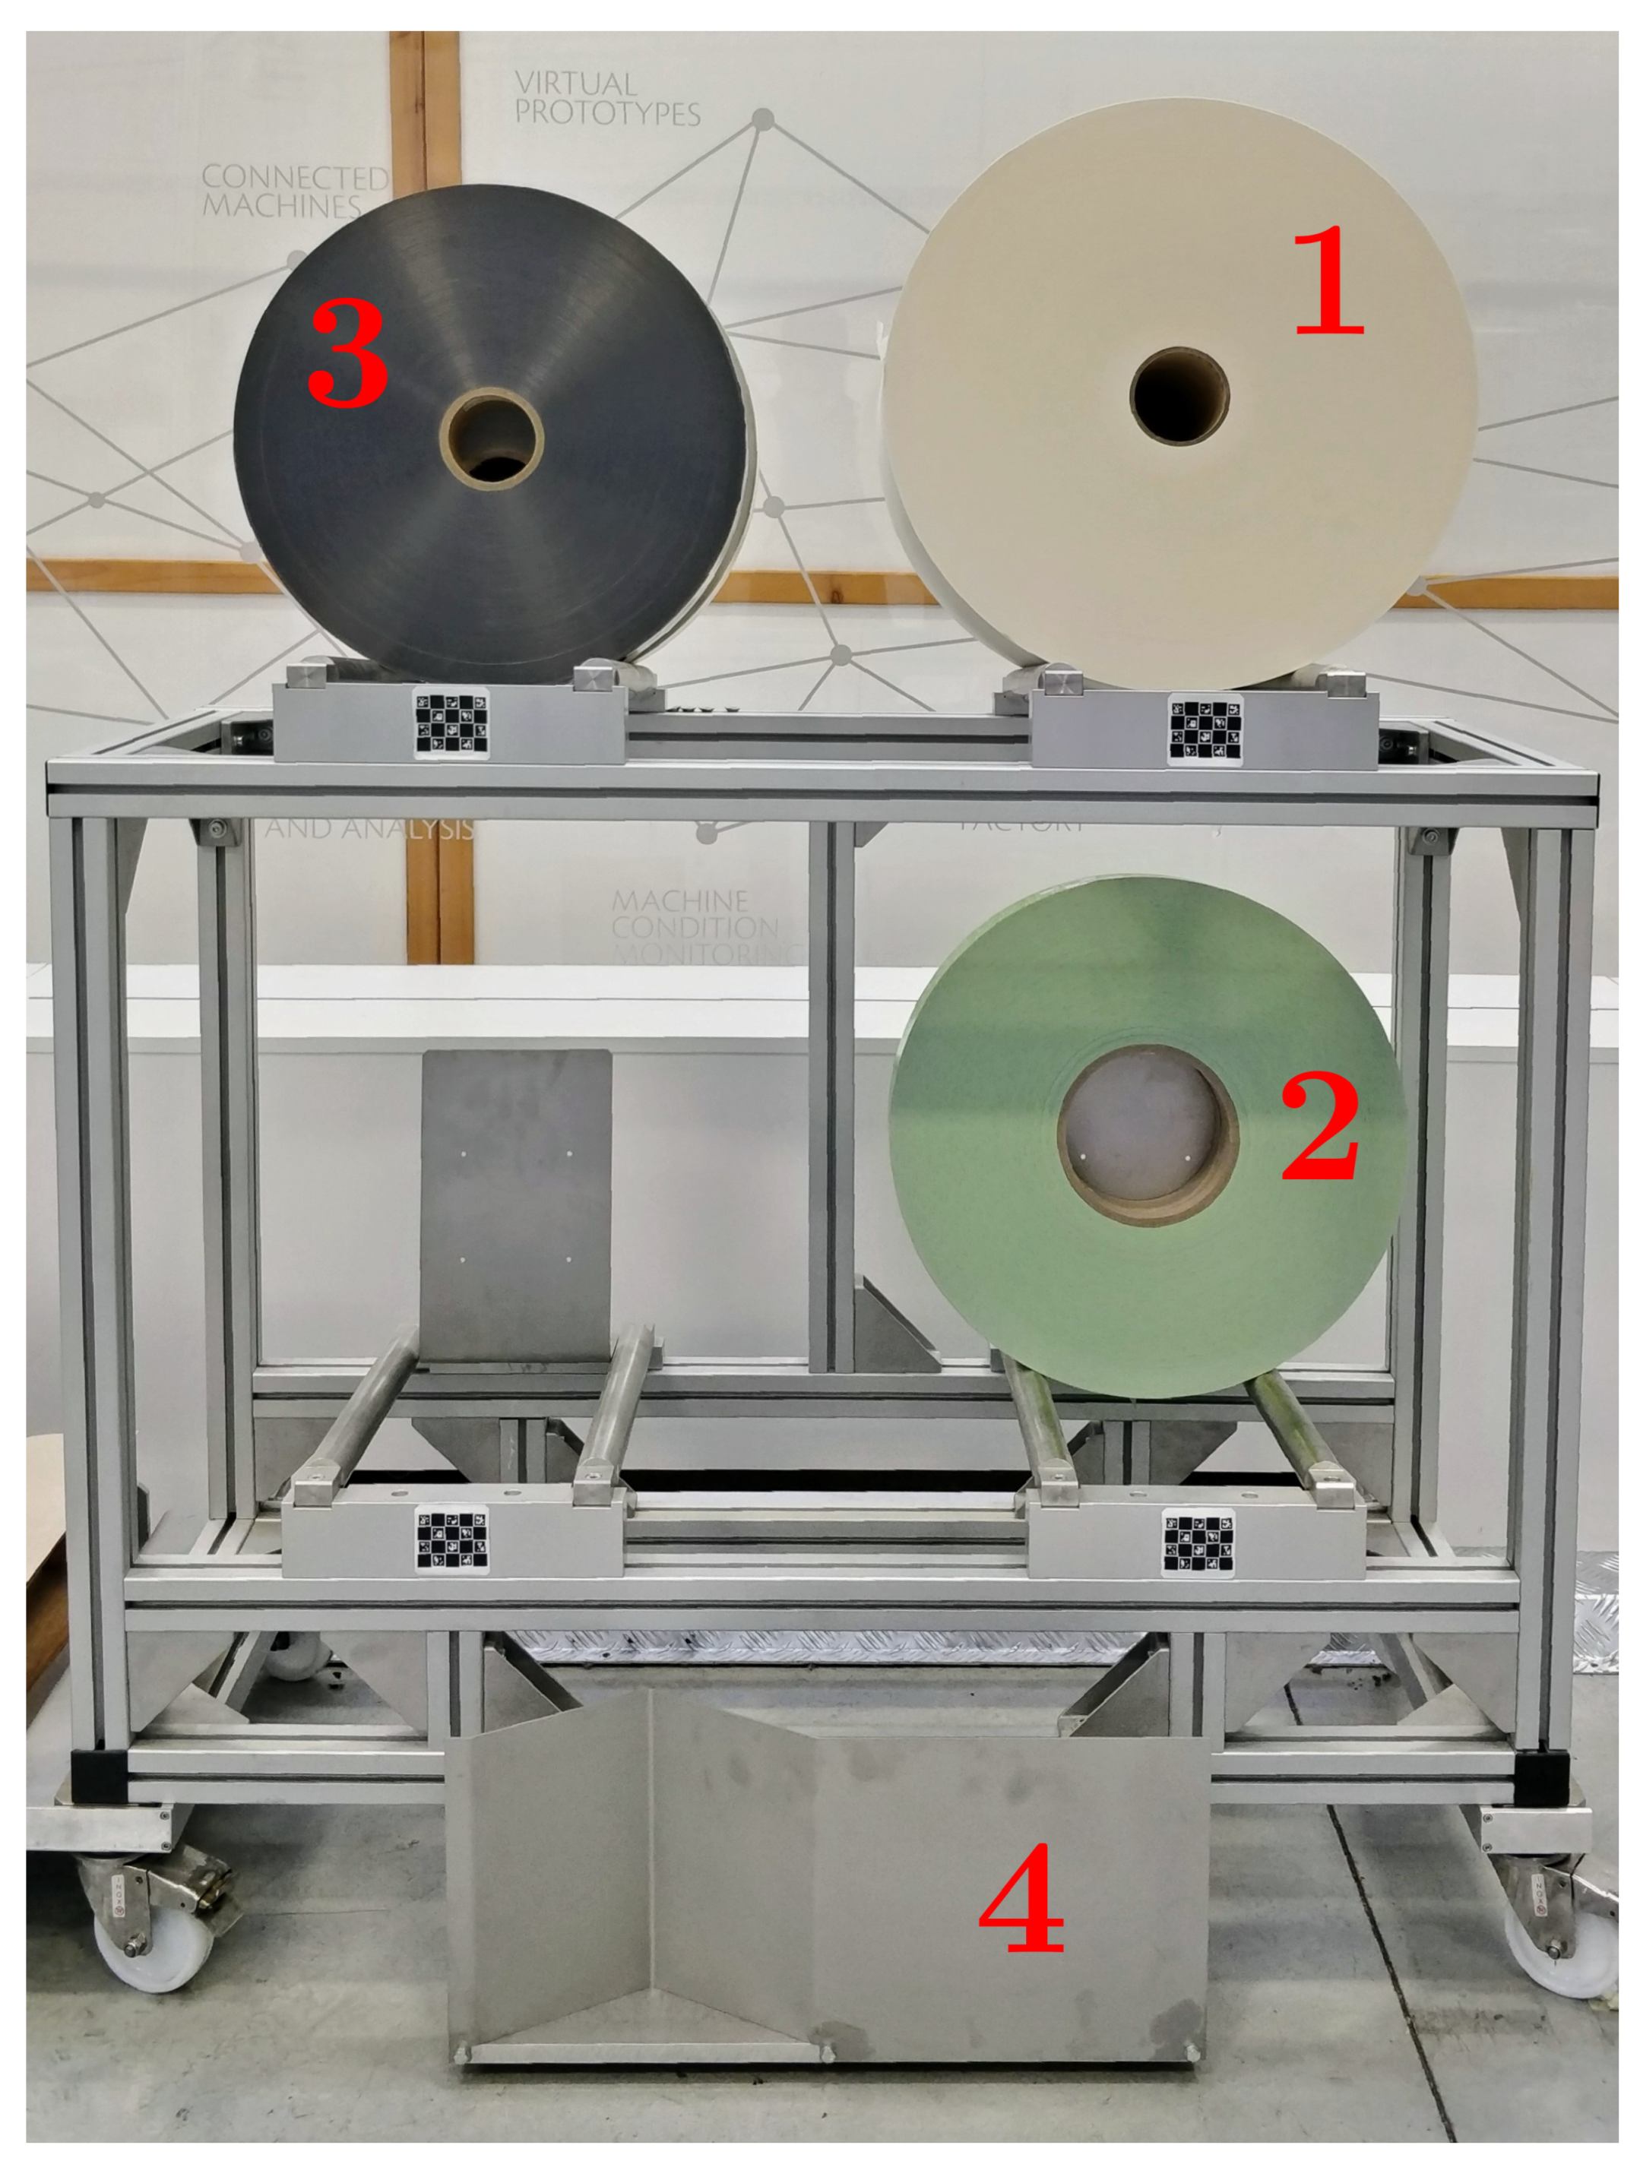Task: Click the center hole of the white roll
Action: tap(1179, 396)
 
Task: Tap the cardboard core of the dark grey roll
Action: tap(491, 438)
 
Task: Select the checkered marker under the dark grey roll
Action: tap(451, 724)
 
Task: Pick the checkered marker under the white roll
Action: tap(1205, 729)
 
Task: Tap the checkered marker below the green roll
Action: tap(1198, 1542)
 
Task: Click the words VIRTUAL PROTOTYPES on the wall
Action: tap(606, 99)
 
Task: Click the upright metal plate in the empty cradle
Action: tap(515, 1207)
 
